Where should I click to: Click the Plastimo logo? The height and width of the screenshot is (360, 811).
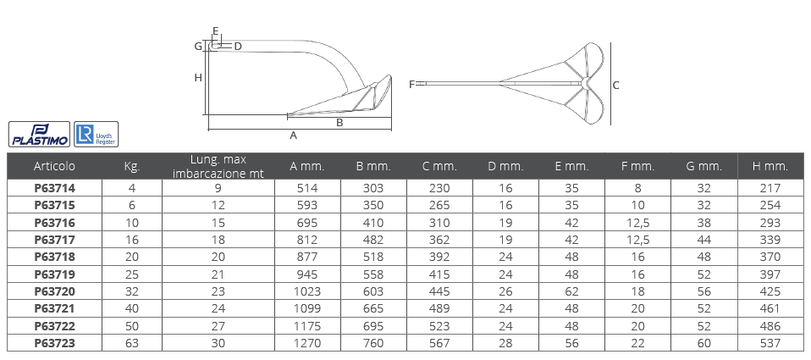coord(39,135)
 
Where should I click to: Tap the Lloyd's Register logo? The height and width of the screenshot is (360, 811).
coord(97,135)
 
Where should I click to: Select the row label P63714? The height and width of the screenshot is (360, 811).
coord(55,188)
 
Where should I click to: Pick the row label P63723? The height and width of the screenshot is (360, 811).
coord(55,343)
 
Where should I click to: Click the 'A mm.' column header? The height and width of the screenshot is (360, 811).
coord(307,167)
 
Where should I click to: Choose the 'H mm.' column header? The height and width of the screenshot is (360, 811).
coord(770,167)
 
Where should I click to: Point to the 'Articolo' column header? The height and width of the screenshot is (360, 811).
coord(54,167)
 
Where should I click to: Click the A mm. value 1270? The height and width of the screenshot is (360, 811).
coord(307,343)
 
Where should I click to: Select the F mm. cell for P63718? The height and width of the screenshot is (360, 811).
coord(637,257)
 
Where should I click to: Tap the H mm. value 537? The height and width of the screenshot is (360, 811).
coord(770,343)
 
